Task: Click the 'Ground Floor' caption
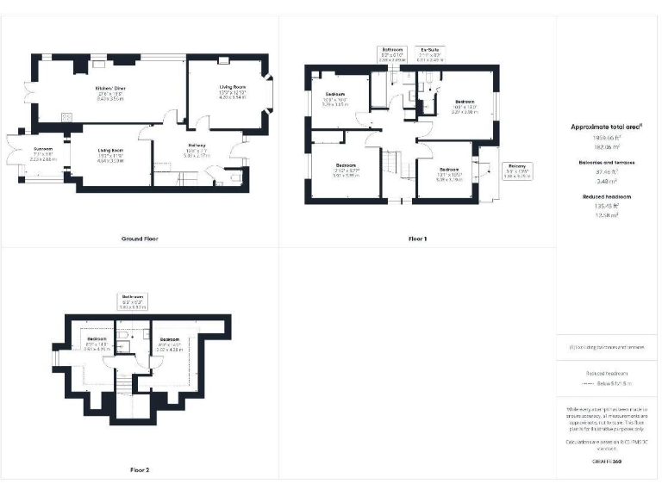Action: (x=140, y=238)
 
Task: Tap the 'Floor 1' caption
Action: (x=418, y=238)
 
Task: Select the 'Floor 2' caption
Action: (x=140, y=470)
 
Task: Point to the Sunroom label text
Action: (x=42, y=150)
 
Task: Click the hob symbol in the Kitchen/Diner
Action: (x=66, y=116)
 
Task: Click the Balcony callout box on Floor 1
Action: (x=517, y=170)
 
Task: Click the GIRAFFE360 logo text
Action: (x=607, y=462)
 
